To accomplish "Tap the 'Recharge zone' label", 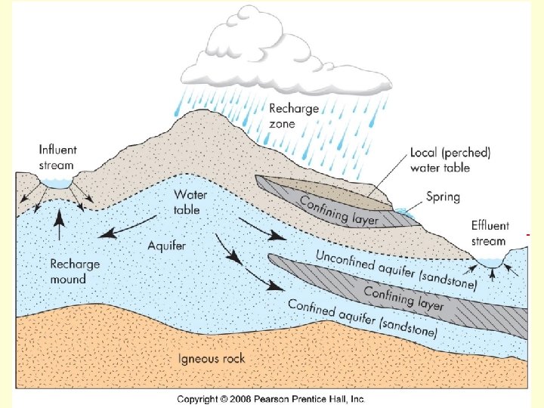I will point(294,116).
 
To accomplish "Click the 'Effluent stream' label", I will point(490,233).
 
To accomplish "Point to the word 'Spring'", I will point(444,197).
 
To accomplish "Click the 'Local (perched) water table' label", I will point(450,159).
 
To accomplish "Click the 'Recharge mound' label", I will point(74,271).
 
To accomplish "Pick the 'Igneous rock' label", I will point(212,357).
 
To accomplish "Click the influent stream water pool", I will point(57,182).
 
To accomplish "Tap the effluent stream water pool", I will point(491,262).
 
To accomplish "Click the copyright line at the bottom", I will point(271,398).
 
